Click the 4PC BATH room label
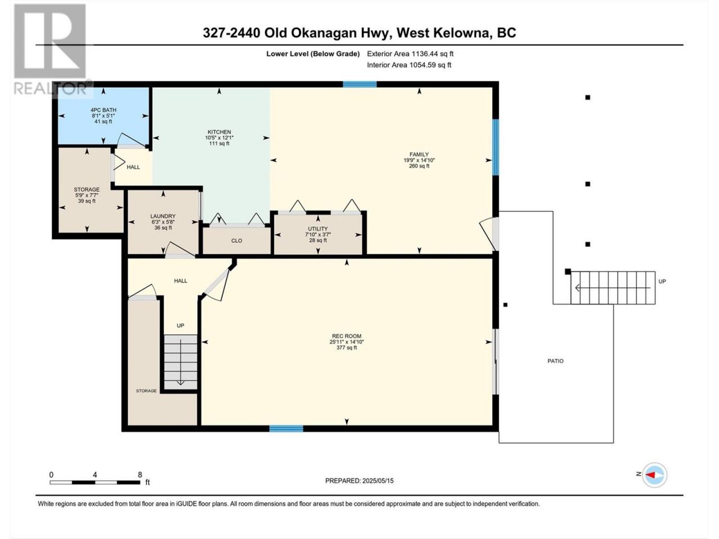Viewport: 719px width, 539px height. coord(103,110)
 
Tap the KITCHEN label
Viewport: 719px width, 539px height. coord(219,132)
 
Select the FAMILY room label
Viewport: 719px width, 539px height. coord(419,154)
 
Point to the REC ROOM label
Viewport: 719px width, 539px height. coord(347,336)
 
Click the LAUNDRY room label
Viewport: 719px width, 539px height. coord(163,216)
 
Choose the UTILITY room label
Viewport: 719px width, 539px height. coord(318,229)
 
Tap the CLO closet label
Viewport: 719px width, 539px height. coord(236,240)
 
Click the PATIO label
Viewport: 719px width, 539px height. coord(556,361)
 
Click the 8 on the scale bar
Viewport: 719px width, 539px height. coord(140,474)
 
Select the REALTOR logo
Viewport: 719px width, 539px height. coord(51,49)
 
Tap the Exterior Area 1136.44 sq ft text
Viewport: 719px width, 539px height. coord(410,54)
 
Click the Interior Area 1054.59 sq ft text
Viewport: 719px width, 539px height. coord(409,65)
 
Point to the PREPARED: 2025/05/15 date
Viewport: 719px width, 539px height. coord(359,481)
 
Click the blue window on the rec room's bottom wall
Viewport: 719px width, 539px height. coord(286,428)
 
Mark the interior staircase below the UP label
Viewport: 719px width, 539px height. coord(180,362)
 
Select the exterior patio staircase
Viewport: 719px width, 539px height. coord(613,287)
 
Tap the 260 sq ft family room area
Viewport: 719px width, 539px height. coord(419,166)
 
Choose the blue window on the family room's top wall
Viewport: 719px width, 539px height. coord(359,84)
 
